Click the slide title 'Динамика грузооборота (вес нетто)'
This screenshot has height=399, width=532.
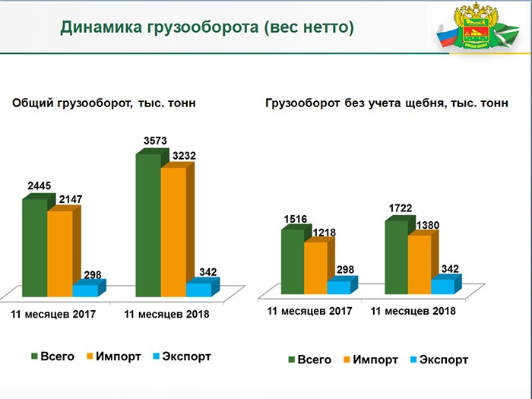pos(207,28)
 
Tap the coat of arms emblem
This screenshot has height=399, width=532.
pos(484,29)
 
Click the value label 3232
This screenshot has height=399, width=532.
pos(184,156)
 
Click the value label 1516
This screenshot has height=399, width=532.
pos(295,219)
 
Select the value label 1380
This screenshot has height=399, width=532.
pos(427,225)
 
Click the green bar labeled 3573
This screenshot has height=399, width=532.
pos(147,224)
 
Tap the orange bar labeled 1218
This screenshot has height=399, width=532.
pos(315,268)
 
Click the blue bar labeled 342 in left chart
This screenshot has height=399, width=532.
pos(199,289)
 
